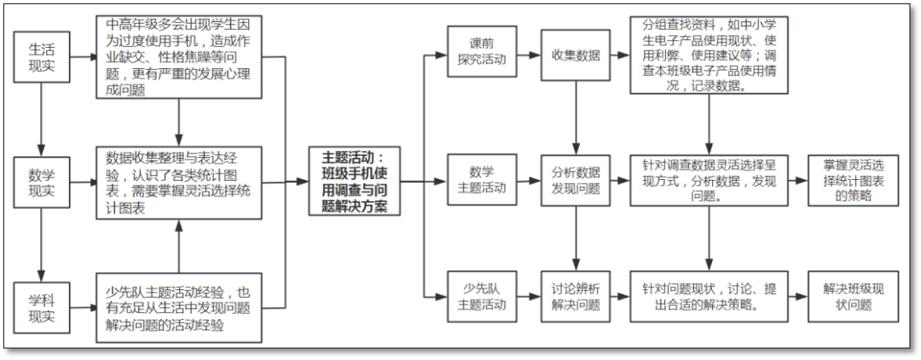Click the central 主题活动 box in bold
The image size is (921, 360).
pos(353,182)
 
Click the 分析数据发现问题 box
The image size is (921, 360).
pos(576,180)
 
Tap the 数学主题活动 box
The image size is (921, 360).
pos(482,180)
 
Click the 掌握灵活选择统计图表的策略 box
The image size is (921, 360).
pos(854,180)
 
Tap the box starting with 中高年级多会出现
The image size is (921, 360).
pos(178,57)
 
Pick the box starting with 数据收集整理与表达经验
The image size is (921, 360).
pos(178,183)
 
